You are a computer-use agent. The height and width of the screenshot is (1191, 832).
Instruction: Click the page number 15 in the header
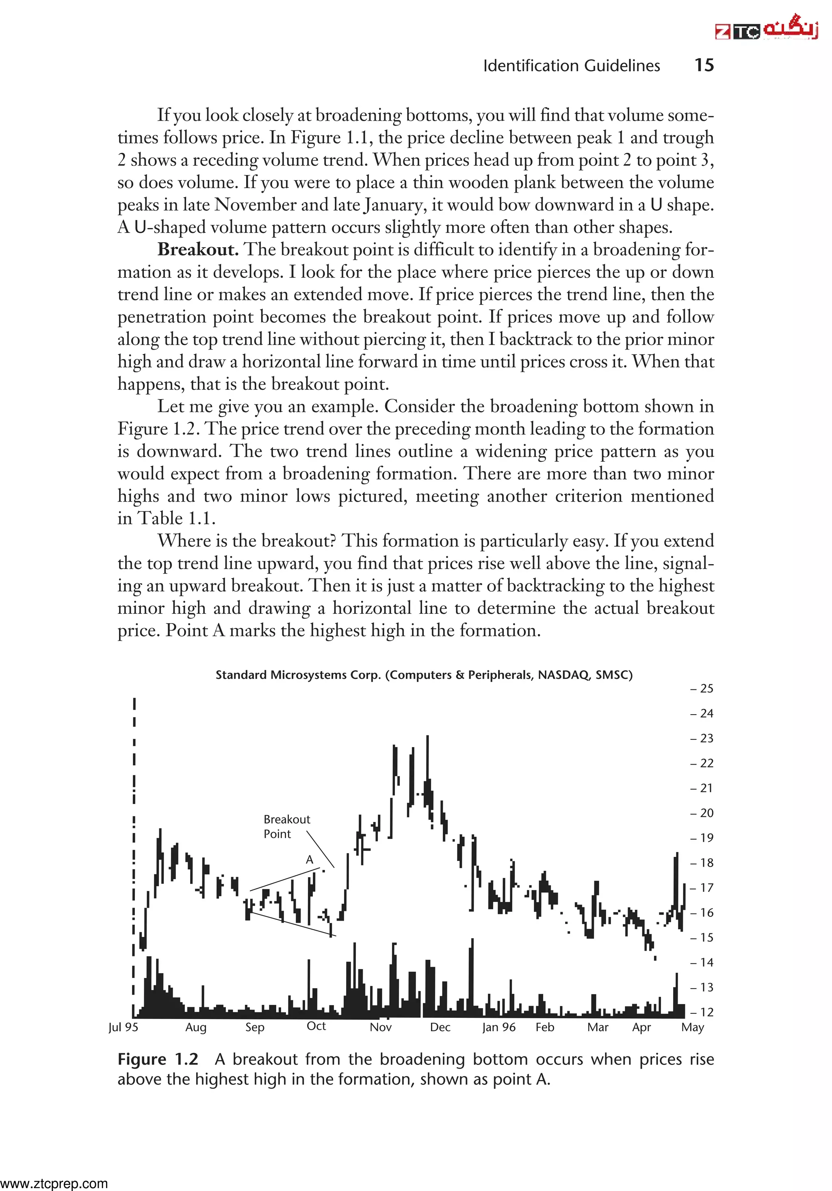[x=704, y=65]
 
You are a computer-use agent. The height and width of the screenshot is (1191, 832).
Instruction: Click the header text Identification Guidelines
[x=571, y=66]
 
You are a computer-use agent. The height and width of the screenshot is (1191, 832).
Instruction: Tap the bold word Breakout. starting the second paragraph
[x=197, y=250]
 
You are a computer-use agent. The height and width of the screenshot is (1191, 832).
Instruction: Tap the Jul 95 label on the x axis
[x=123, y=1027]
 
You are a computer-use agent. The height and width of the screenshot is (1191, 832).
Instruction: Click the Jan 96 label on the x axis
[x=499, y=1027]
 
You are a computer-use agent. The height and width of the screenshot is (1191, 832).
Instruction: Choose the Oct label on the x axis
[x=316, y=1026]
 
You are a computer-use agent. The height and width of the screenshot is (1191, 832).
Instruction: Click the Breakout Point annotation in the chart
[x=286, y=826]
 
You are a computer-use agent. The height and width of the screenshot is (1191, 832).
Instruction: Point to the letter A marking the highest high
[x=310, y=860]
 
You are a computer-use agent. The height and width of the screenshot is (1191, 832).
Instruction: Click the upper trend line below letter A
[x=285, y=879]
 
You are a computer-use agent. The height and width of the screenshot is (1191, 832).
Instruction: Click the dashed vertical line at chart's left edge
[x=134, y=856]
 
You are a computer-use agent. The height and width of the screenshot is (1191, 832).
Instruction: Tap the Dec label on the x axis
[x=440, y=1027]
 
